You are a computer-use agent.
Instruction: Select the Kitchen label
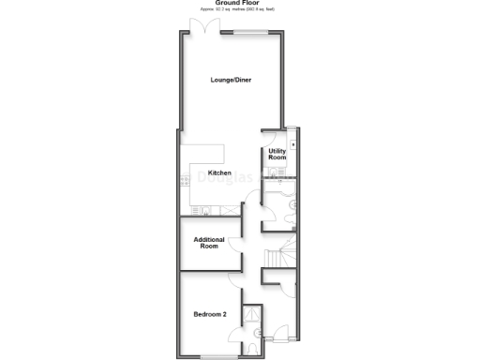(x=219, y=172)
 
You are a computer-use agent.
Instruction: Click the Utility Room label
(x=277, y=154)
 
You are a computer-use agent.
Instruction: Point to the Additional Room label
(x=209, y=243)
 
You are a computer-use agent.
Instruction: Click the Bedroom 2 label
(x=210, y=314)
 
